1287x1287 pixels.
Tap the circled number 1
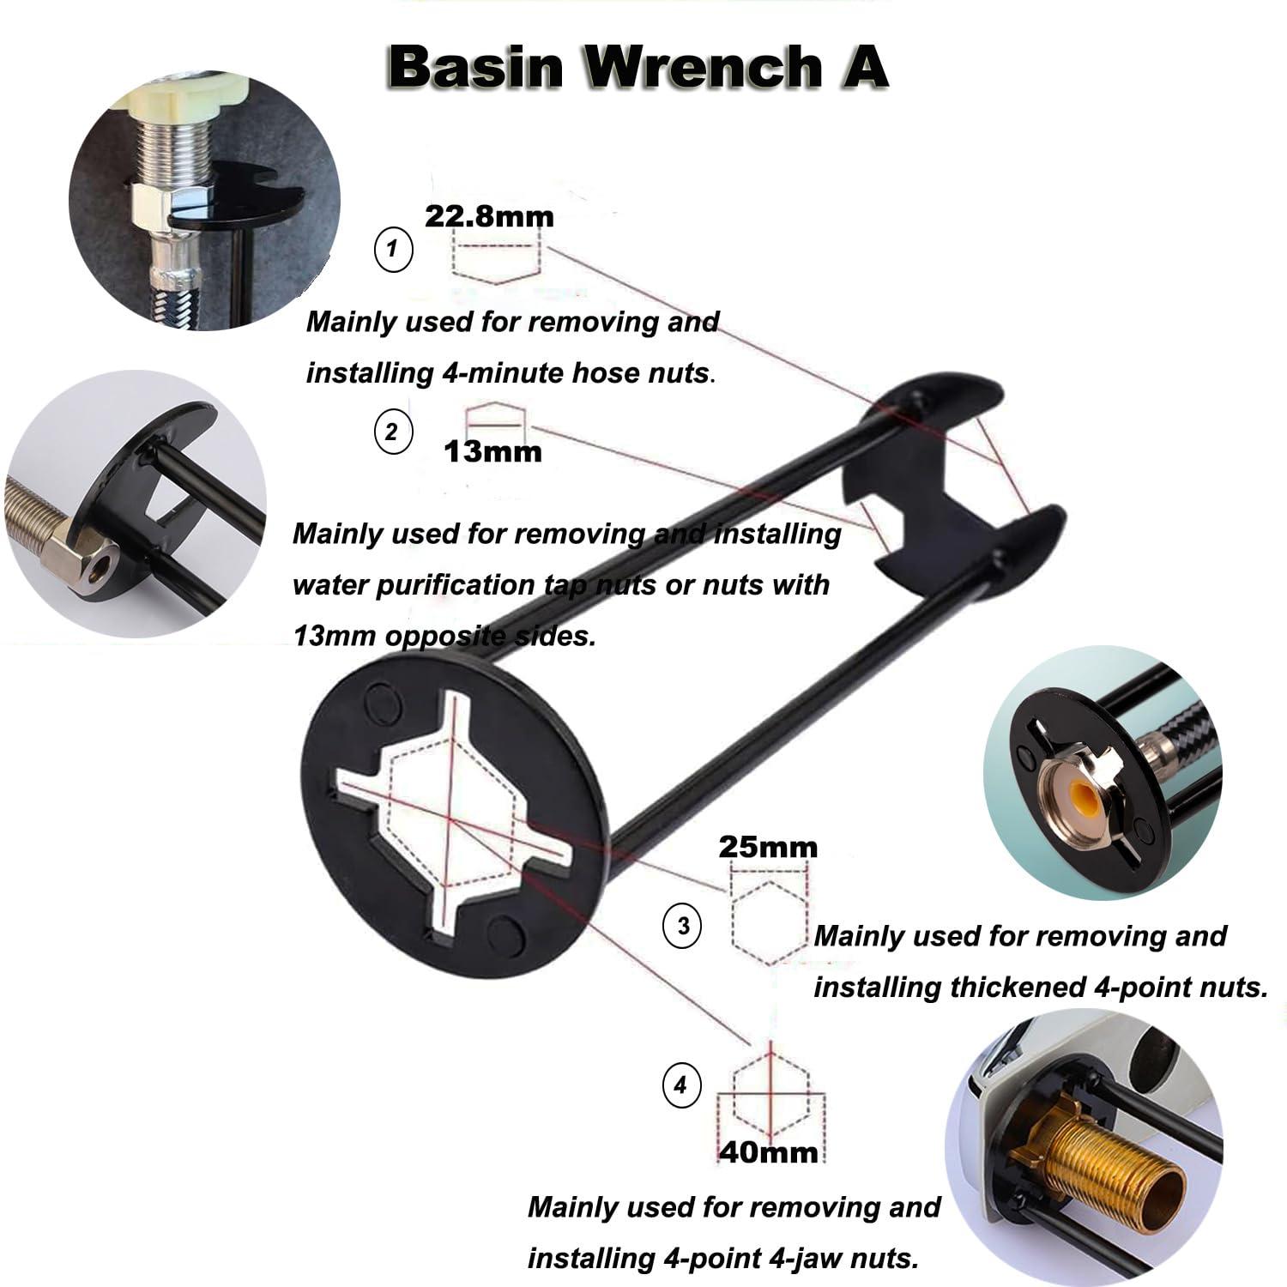[x=394, y=250]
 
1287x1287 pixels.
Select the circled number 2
[x=393, y=432]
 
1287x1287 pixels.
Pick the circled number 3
[x=683, y=927]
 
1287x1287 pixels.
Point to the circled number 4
[x=680, y=1086]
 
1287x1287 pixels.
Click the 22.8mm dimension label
[x=490, y=216]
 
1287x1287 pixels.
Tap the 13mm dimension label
[x=493, y=451]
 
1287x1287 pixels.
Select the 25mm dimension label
[x=768, y=848]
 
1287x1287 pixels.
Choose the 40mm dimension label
[x=769, y=1151]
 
